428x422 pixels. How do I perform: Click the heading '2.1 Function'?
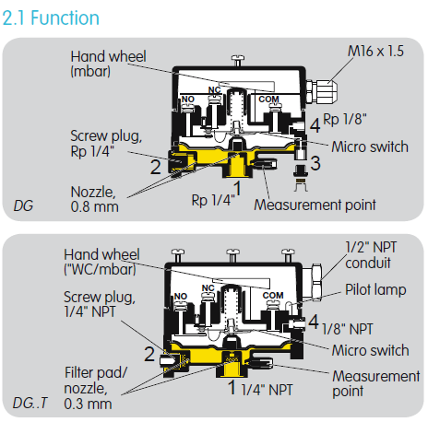(x=51, y=18)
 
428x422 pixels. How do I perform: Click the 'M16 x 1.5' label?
(x=375, y=51)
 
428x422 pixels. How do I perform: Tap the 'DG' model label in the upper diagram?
(x=23, y=205)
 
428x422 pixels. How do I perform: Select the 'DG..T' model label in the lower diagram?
(x=30, y=403)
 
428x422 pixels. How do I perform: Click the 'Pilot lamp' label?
(x=375, y=289)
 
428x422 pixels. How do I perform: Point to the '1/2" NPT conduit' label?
(x=371, y=255)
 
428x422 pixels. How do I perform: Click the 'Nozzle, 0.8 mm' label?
(x=94, y=199)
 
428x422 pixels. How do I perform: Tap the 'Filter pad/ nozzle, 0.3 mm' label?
(x=95, y=388)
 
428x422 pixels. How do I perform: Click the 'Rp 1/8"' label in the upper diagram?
(x=345, y=119)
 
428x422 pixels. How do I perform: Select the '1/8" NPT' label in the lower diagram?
(x=347, y=329)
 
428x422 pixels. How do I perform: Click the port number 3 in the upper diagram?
(x=315, y=163)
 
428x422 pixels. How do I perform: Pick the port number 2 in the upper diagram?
(x=156, y=167)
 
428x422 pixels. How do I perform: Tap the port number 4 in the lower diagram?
(x=314, y=322)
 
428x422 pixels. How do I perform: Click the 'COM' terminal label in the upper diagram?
(x=268, y=100)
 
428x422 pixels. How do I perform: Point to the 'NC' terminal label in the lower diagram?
(x=208, y=288)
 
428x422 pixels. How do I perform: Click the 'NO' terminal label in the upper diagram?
(x=187, y=100)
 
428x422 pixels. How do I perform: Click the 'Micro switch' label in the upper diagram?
(x=370, y=147)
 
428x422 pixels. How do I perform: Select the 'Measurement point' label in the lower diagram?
(x=376, y=383)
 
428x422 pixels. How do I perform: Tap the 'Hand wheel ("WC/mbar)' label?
(x=101, y=262)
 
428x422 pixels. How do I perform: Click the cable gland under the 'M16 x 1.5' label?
(x=322, y=91)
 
